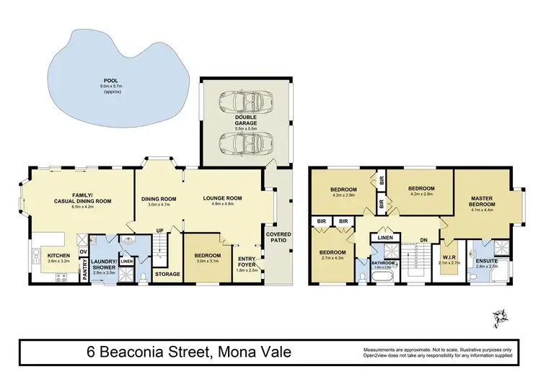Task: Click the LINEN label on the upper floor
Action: (384, 237)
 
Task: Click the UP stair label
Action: (159, 231)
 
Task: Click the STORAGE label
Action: (167, 274)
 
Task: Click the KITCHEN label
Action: (58, 255)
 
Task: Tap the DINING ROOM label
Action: (158, 199)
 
